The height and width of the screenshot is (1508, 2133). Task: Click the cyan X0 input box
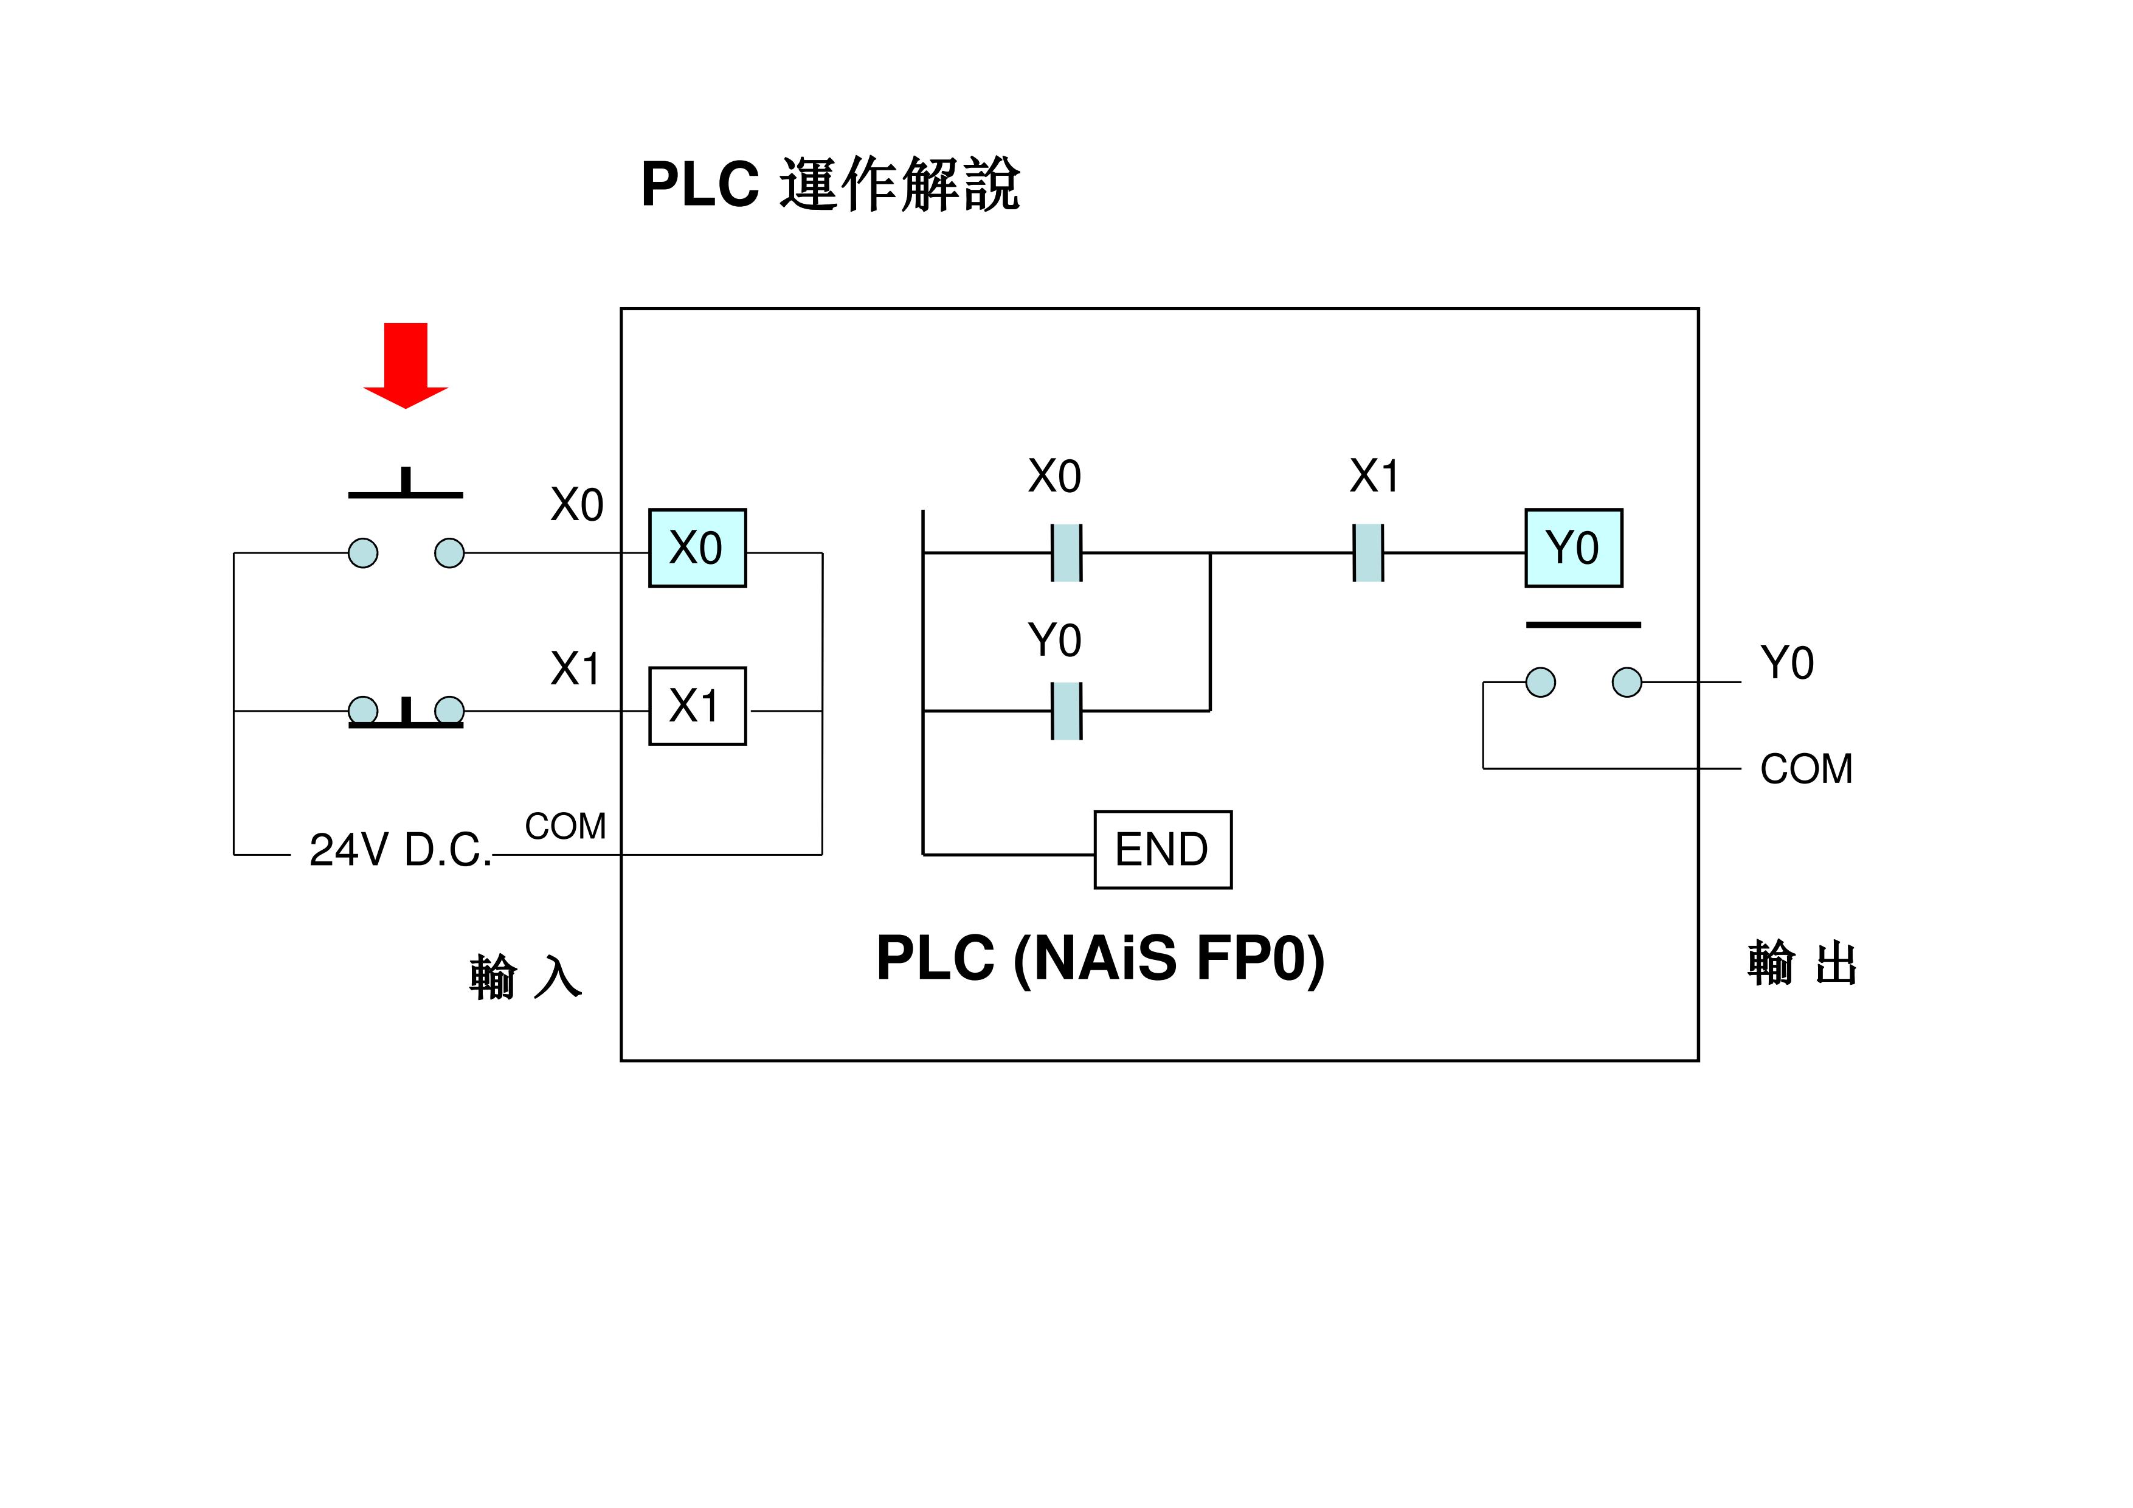click(697, 547)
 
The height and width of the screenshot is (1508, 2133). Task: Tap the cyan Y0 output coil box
click(1573, 547)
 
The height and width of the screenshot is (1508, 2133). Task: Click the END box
click(1162, 849)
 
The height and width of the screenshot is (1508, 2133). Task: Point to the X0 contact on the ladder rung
click(1066, 553)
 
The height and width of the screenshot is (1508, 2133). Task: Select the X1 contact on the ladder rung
click(1367, 553)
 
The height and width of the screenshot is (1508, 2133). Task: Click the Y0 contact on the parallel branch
click(1066, 711)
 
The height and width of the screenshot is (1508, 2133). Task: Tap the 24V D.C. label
click(399, 849)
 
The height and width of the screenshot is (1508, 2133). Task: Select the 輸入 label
click(525, 976)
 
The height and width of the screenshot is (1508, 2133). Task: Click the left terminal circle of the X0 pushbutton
click(363, 553)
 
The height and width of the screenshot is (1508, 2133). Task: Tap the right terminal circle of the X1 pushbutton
click(449, 711)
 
